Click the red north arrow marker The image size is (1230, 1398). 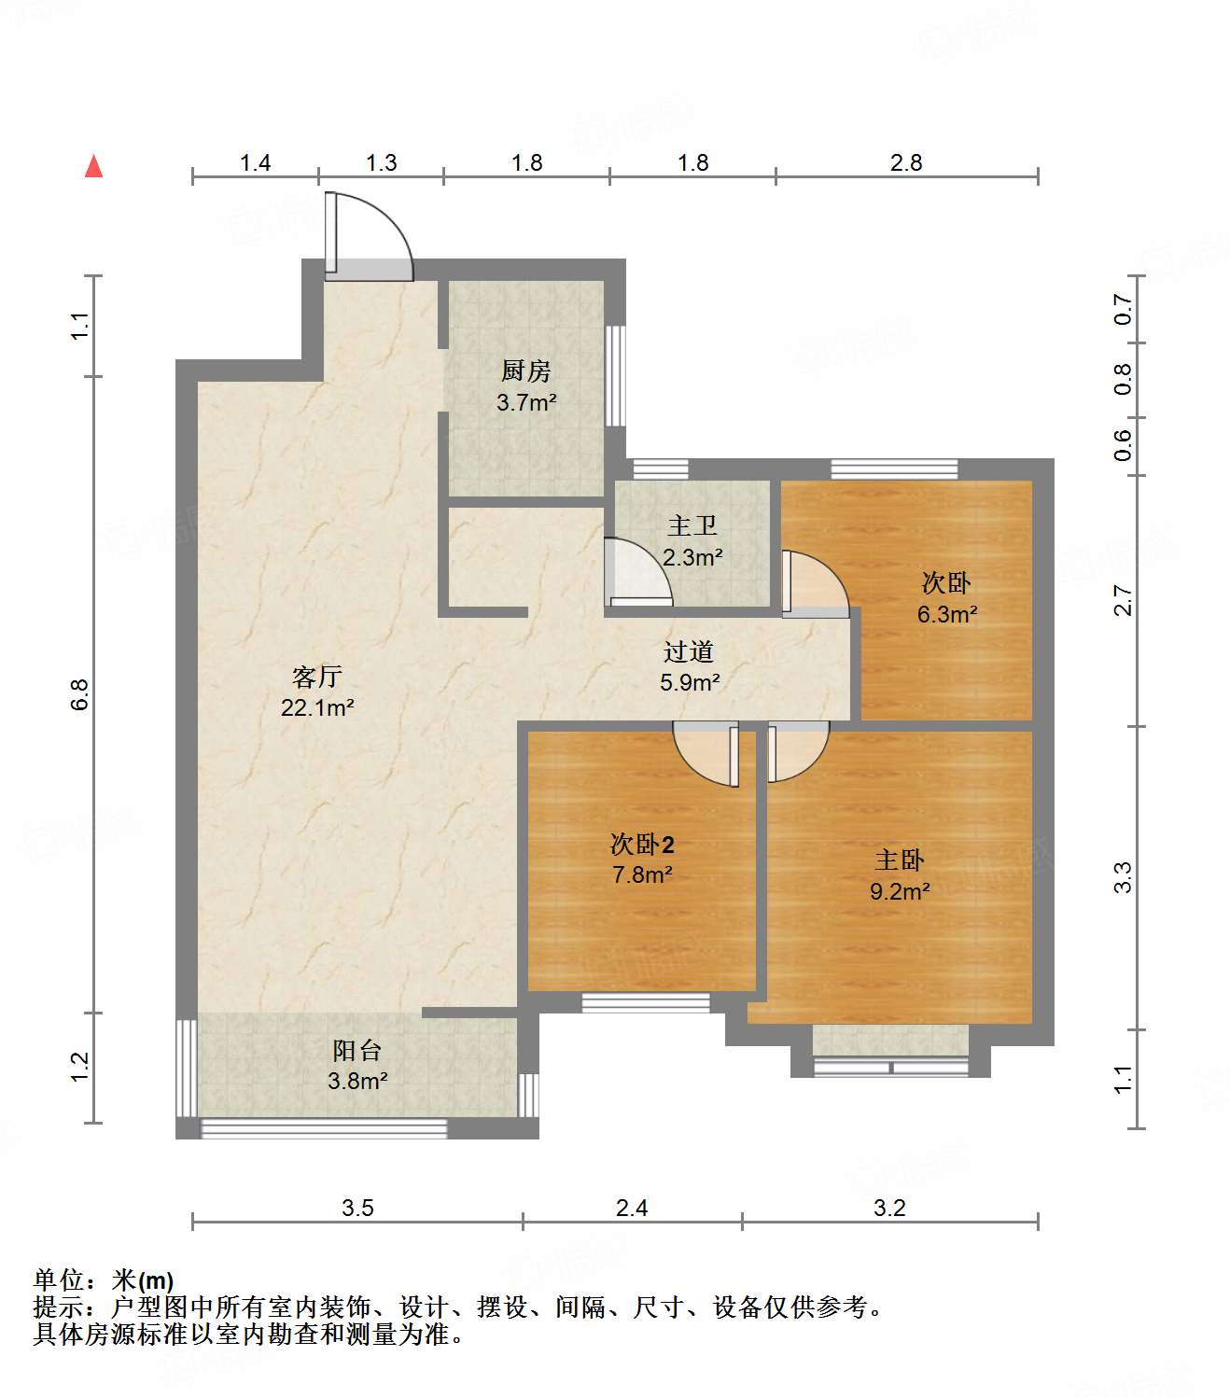coord(93,167)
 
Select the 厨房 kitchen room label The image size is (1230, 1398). coord(526,371)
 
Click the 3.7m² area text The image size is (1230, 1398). coord(526,403)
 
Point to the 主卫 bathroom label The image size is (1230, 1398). coord(692,526)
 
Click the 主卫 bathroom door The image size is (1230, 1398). coord(637,572)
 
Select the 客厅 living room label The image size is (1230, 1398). coord(317,676)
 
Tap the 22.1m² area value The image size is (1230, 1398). coord(317,707)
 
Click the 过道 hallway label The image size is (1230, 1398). coord(689,651)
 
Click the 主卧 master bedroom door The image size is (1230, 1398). coord(796,751)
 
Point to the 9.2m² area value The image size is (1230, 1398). coord(900,891)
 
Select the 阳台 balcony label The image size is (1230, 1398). coord(357,1051)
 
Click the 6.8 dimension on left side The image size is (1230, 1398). coord(80,694)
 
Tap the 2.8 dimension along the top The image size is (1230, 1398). coord(905,163)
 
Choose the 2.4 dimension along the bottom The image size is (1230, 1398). coord(632,1209)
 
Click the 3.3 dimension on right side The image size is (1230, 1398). coord(1123,877)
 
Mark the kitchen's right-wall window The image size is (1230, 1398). coord(615,376)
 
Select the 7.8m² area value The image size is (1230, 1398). coord(642,875)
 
